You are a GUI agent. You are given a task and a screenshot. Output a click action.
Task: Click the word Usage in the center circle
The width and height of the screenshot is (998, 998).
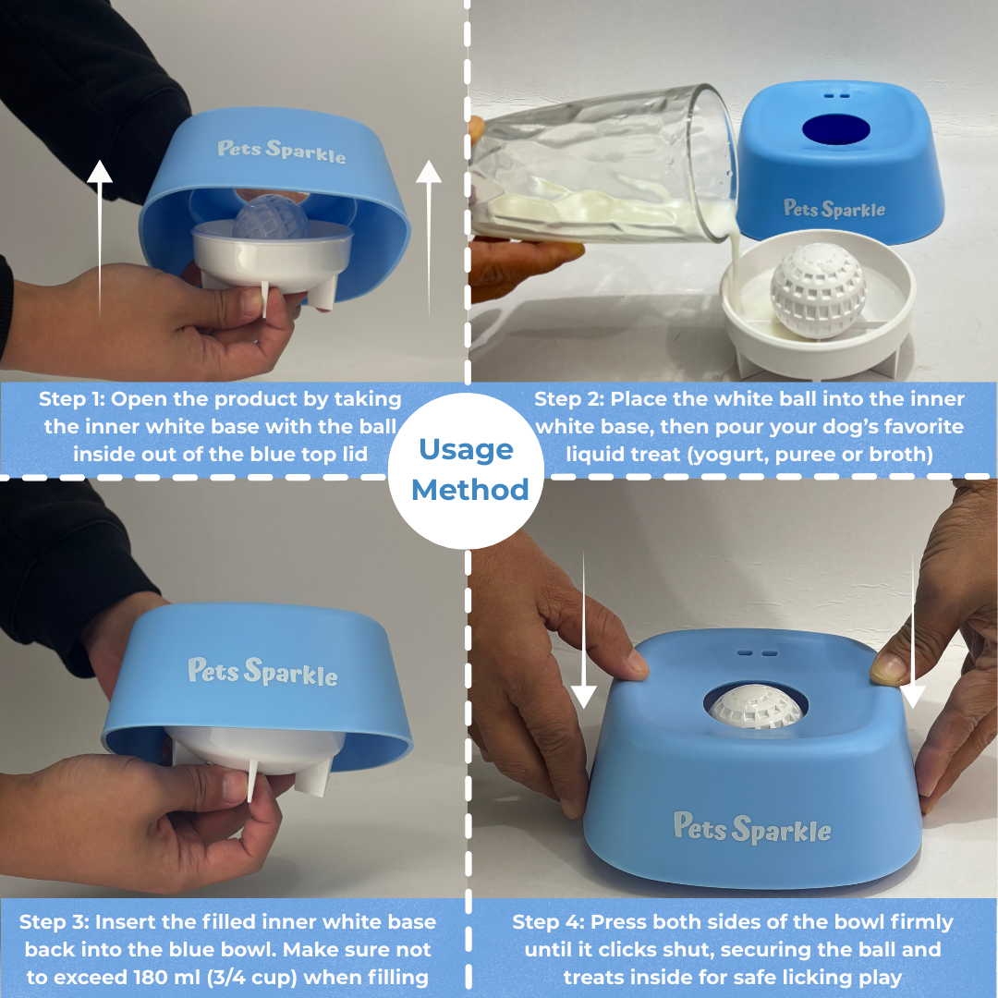[x=466, y=450]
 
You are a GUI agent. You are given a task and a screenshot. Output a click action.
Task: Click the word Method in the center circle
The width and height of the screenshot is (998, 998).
[x=469, y=490]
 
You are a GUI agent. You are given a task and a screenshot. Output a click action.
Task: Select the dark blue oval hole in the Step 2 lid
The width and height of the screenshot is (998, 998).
[x=835, y=130]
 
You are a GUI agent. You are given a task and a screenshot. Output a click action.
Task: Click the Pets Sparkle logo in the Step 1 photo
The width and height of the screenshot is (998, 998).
[x=281, y=152]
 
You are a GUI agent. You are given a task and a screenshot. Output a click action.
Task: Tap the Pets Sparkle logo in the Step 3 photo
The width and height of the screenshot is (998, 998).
[x=262, y=672]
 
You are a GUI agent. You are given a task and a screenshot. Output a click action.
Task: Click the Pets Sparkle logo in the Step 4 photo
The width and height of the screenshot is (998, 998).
[x=751, y=827]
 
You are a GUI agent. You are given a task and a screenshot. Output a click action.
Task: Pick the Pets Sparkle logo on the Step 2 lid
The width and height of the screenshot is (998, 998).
[x=834, y=209]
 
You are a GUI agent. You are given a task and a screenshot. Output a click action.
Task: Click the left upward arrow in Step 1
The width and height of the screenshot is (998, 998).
[x=99, y=238]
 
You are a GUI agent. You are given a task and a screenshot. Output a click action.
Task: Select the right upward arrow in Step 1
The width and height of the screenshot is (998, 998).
[x=429, y=238]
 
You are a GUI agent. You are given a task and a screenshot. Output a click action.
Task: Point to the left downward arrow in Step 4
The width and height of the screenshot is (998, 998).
[x=584, y=630]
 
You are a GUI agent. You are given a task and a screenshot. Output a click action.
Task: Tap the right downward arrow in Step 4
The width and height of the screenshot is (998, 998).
[x=913, y=630]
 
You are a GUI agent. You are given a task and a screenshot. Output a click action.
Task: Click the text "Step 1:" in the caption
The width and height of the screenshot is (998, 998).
[x=71, y=399]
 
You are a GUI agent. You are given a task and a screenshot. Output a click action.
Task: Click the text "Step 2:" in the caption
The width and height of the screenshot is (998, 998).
[x=569, y=399]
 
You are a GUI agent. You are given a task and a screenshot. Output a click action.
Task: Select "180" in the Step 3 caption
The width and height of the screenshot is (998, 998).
[x=152, y=977]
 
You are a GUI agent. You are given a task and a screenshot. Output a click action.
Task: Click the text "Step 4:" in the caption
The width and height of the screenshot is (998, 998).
[x=548, y=922]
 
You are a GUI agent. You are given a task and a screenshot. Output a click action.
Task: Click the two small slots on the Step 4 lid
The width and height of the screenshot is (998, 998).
[x=758, y=653]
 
